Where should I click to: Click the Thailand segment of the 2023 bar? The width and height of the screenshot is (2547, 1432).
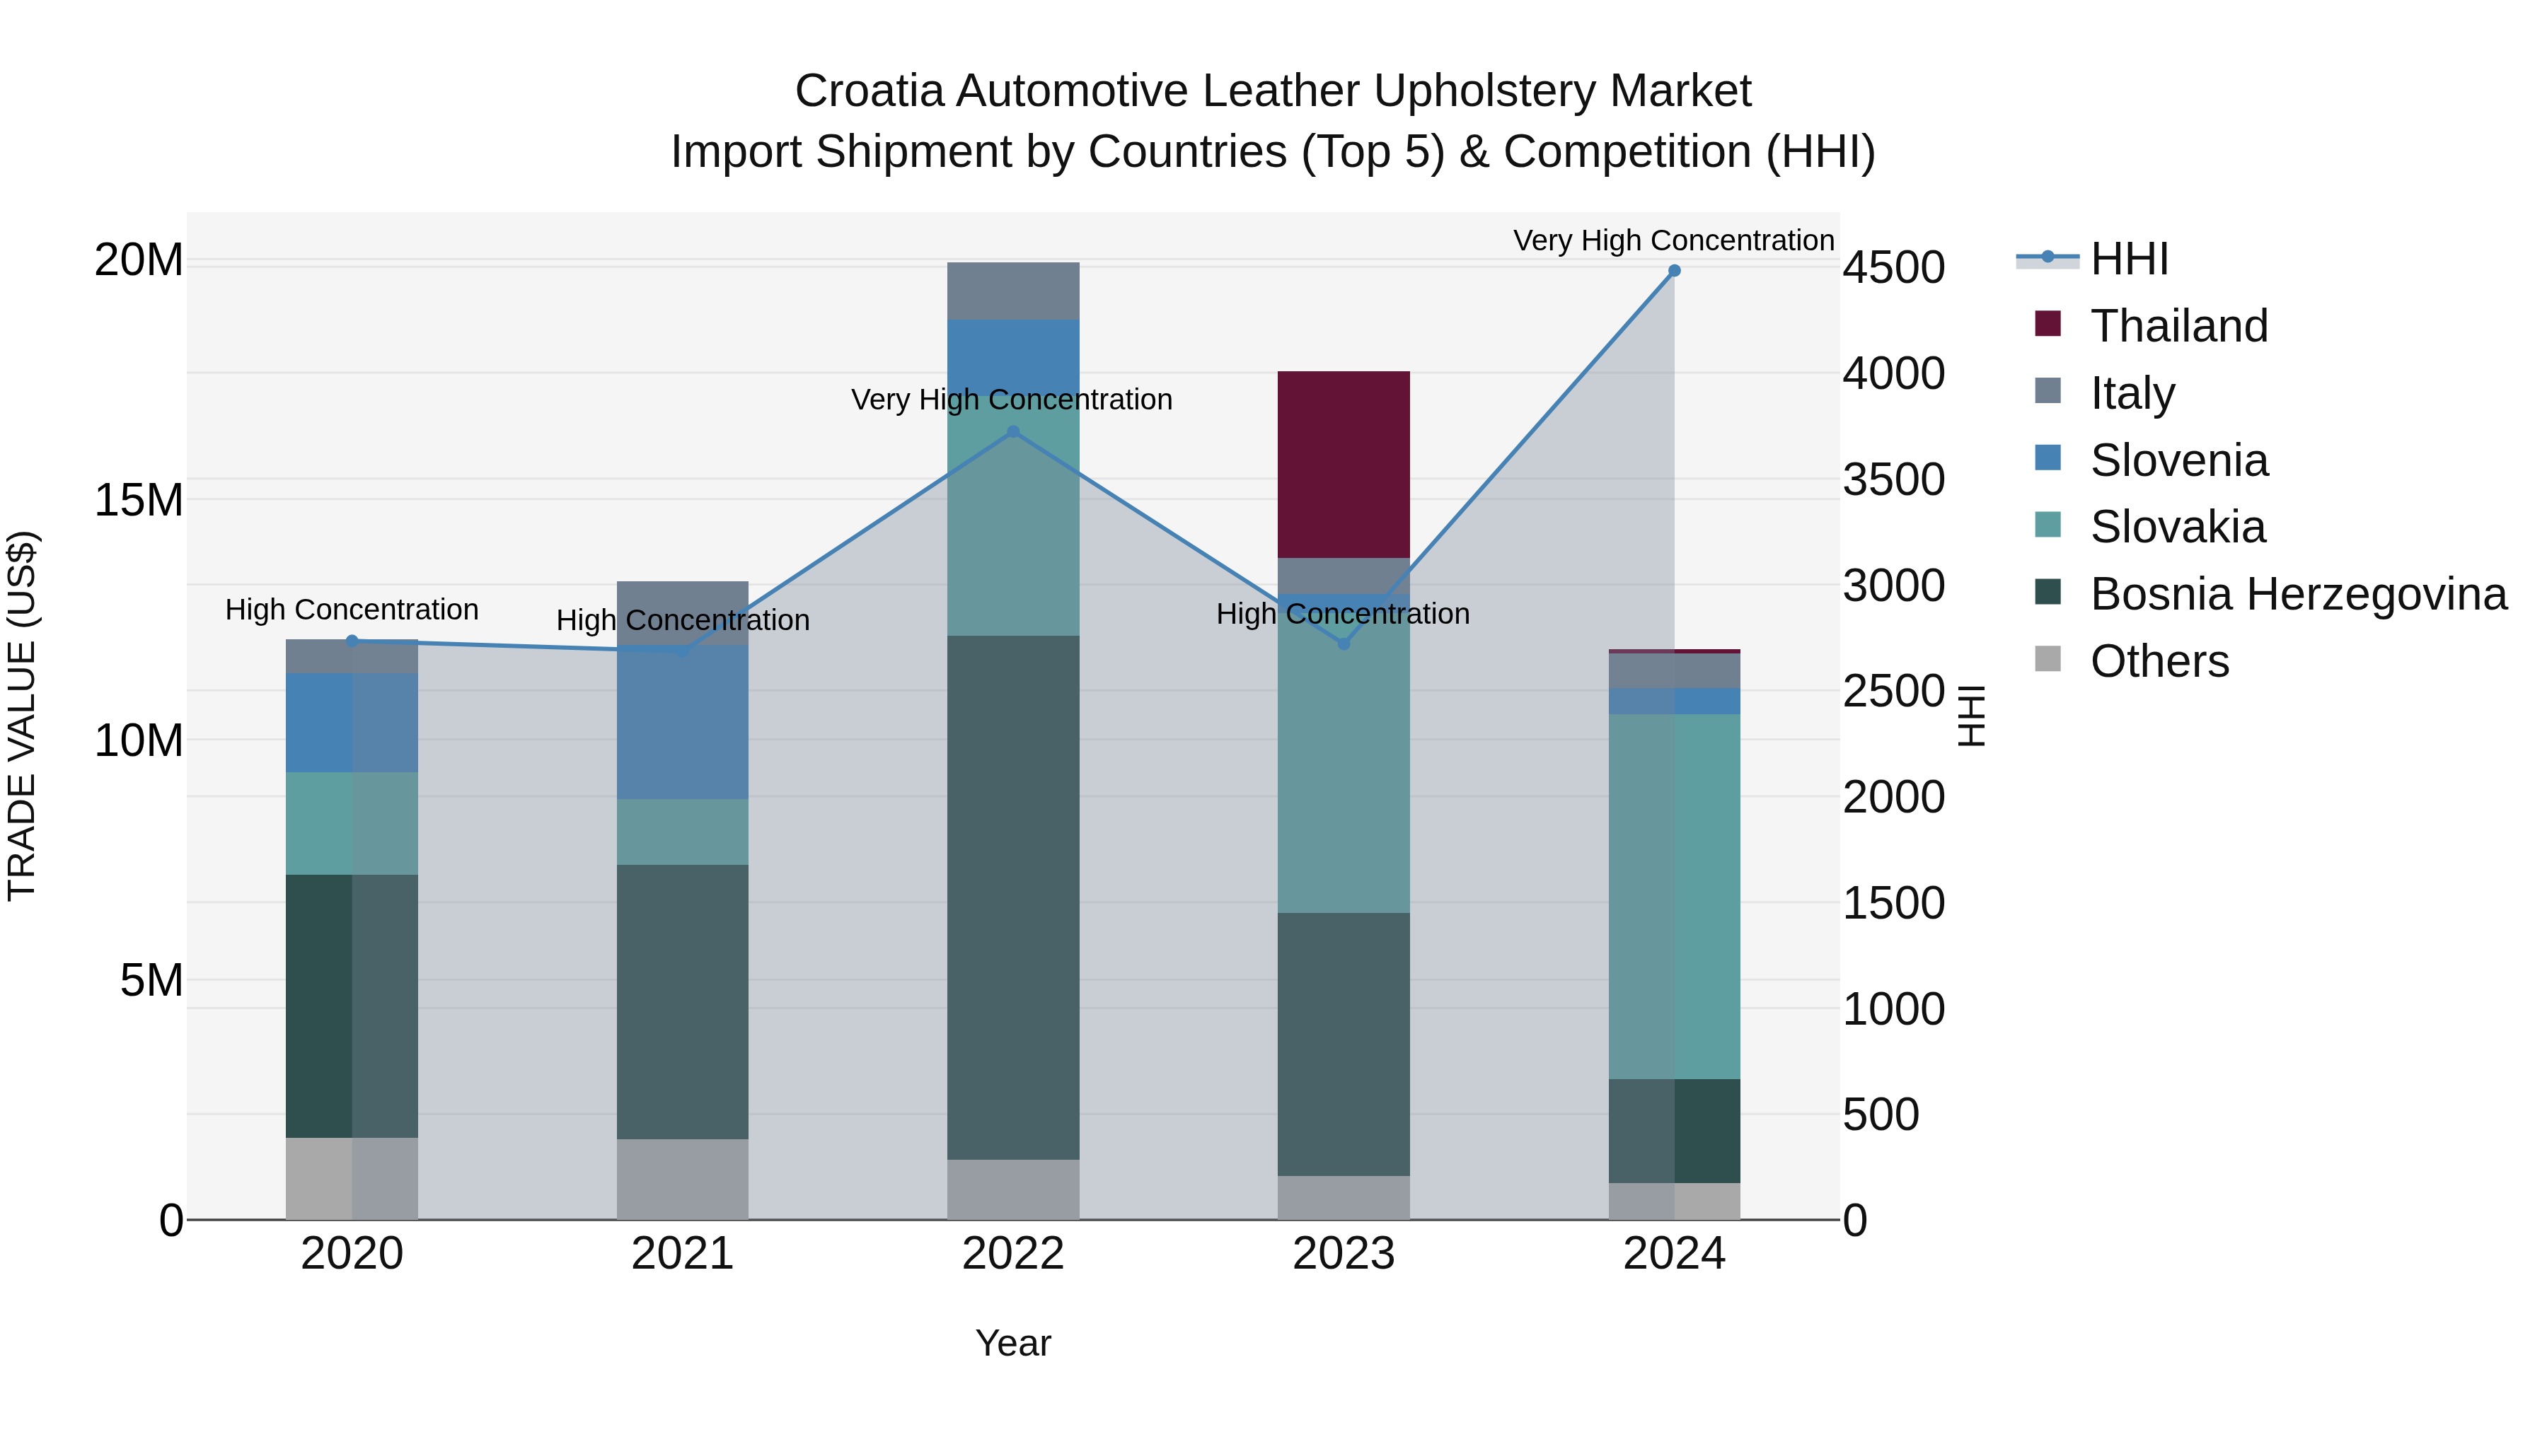click(x=1343, y=465)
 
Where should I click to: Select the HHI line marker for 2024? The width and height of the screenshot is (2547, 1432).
click(x=1674, y=271)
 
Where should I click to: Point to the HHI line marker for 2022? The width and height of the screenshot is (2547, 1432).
click(x=1012, y=432)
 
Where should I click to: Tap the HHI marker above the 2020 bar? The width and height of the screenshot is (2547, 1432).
click(x=352, y=641)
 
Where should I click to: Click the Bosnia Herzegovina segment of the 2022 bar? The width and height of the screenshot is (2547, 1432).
click(x=1012, y=897)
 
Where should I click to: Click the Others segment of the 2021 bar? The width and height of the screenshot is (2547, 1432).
click(x=682, y=1179)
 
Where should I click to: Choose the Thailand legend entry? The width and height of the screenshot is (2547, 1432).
click(x=2178, y=326)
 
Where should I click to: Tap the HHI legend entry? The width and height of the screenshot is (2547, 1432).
click(x=2129, y=259)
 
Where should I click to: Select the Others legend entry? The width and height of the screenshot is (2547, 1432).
click(x=2159, y=661)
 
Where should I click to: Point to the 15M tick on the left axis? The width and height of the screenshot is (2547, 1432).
click(x=139, y=500)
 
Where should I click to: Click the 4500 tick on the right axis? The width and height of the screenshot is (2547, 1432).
click(x=1893, y=268)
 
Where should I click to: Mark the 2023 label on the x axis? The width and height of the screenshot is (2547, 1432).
click(x=1343, y=1254)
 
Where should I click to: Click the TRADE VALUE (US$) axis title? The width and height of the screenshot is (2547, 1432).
click(x=22, y=716)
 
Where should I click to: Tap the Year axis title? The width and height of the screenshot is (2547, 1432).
click(x=1012, y=1343)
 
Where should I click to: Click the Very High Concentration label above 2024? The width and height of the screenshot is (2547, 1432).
click(x=1673, y=240)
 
